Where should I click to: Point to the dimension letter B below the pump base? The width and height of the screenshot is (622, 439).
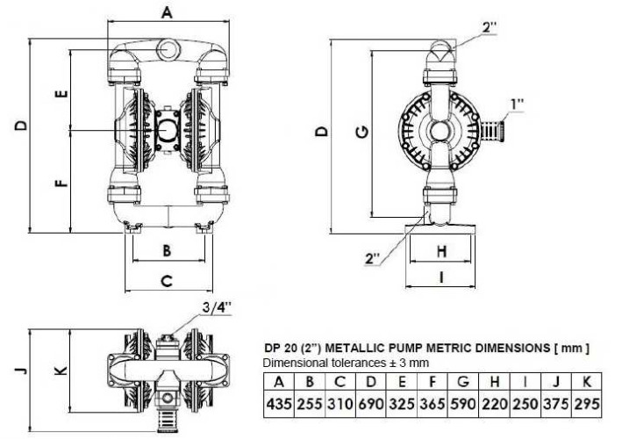point(168,250)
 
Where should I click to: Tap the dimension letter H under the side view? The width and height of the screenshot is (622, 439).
point(442,250)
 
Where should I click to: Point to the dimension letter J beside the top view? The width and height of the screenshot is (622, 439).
point(19,370)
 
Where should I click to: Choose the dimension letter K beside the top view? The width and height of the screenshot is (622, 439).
point(60,370)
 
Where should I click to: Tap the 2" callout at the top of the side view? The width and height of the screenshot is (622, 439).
point(490,27)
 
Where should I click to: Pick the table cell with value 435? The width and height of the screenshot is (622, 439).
point(278,402)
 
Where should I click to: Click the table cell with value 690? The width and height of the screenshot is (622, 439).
point(372,402)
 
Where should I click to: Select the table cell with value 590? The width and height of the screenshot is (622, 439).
point(462,402)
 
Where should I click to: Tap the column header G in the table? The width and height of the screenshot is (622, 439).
point(462,381)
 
